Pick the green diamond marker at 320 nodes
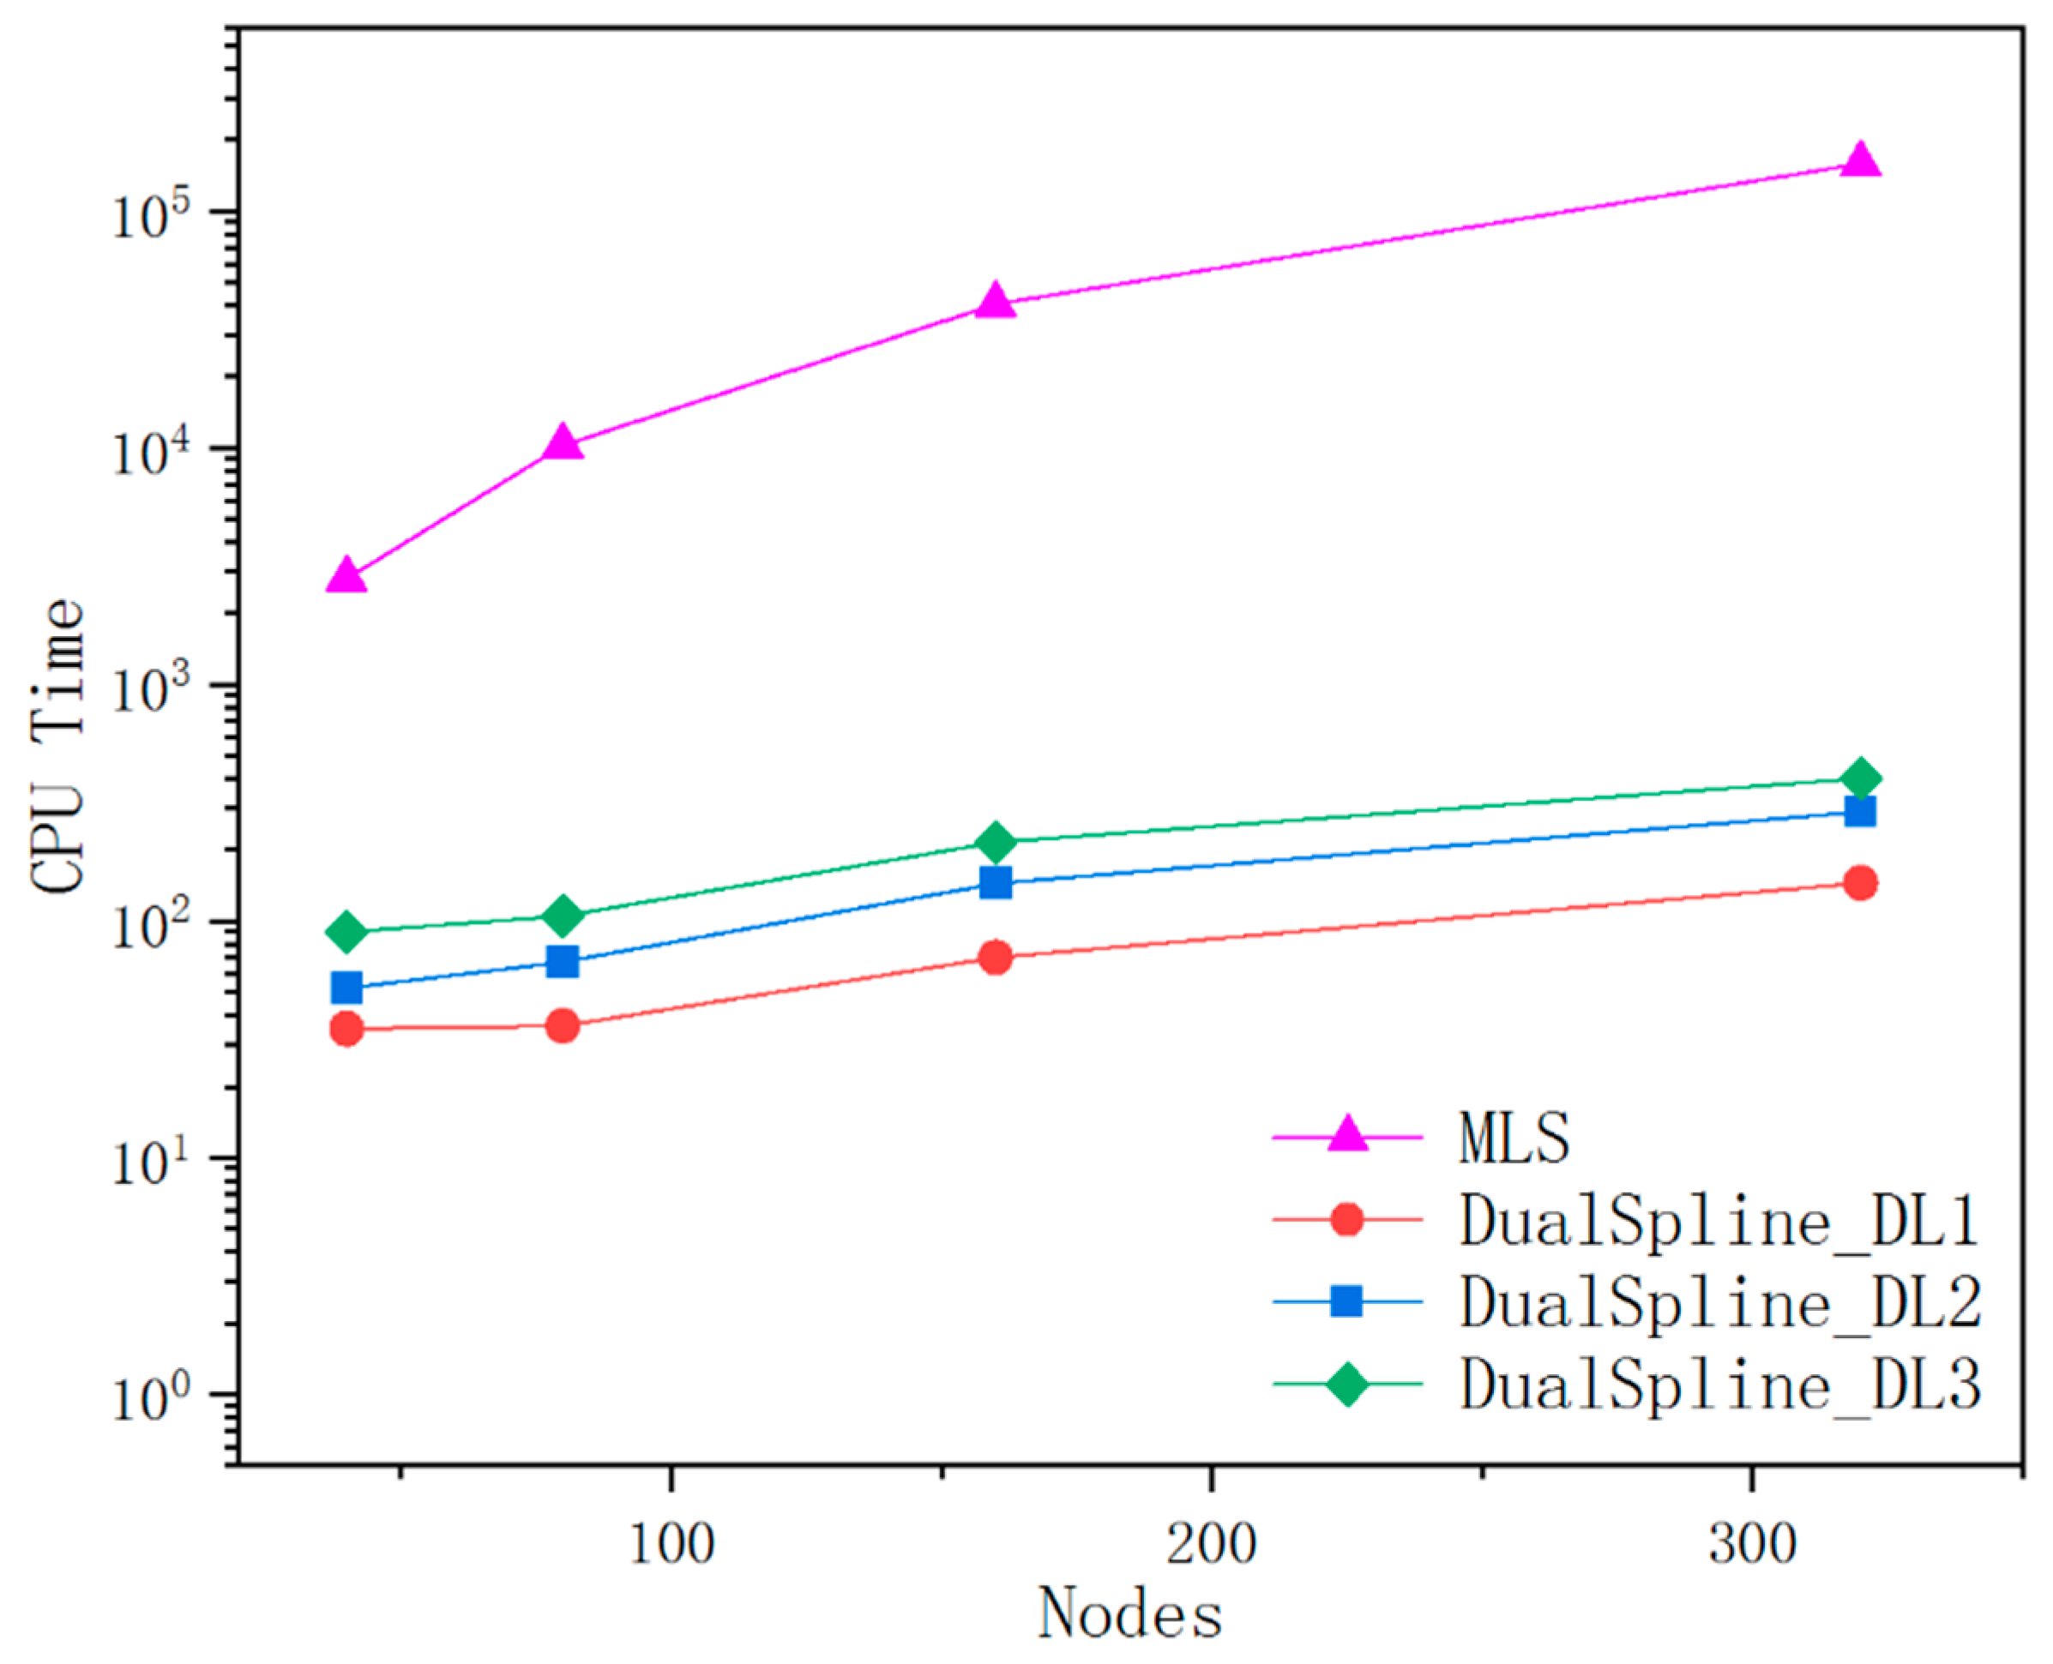point(1860,778)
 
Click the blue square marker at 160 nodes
point(996,881)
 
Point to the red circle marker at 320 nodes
point(1860,883)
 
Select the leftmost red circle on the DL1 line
point(346,1030)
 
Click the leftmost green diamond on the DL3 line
point(346,932)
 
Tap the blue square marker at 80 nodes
point(563,961)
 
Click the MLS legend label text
point(1514,1138)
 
